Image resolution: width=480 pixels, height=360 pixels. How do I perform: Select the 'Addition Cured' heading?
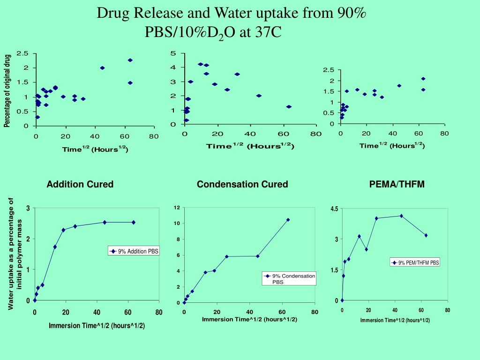(80, 184)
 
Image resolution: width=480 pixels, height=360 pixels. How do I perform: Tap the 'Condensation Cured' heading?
(242, 184)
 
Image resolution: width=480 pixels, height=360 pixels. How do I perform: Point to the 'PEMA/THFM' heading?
(397, 184)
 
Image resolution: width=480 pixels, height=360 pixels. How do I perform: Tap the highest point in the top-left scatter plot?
(130, 60)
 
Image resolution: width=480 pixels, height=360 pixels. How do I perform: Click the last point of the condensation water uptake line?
(288, 219)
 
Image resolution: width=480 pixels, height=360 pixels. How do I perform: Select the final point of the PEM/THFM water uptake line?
(426, 235)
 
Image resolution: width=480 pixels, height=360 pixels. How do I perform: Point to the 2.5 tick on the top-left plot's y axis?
(22, 53)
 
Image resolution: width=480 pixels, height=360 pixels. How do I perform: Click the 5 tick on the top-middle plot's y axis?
(173, 53)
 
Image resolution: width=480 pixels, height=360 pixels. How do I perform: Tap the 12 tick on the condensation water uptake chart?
(177, 208)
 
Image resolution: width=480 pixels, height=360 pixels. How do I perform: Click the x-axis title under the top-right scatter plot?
(392, 145)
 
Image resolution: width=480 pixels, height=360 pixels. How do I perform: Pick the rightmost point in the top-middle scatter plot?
(289, 107)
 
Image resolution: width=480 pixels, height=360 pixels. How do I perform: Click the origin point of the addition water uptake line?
(35, 300)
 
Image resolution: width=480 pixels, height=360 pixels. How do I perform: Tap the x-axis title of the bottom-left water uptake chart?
(97, 326)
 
